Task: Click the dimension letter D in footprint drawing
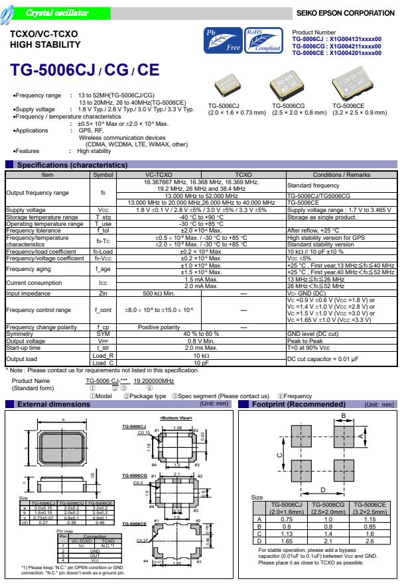[323, 488]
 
